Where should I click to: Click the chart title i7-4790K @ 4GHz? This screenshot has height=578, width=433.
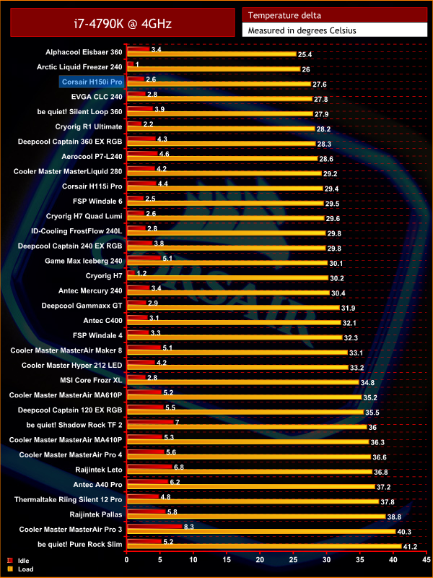(122, 23)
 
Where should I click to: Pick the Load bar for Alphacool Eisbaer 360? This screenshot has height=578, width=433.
(211, 55)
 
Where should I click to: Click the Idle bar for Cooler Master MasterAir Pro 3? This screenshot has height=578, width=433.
(154, 528)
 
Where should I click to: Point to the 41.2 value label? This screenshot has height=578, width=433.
(410, 546)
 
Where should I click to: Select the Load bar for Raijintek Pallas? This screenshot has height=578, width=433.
(255, 517)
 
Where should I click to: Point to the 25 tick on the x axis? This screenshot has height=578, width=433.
(293, 559)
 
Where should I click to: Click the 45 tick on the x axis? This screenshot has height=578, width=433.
(426, 559)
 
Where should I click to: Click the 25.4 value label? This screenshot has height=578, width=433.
(305, 55)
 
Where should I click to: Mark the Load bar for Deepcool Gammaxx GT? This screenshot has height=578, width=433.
(232, 308)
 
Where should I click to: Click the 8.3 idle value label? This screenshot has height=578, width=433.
(189, 528)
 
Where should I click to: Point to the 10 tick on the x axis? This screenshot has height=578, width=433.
(193, 559)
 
